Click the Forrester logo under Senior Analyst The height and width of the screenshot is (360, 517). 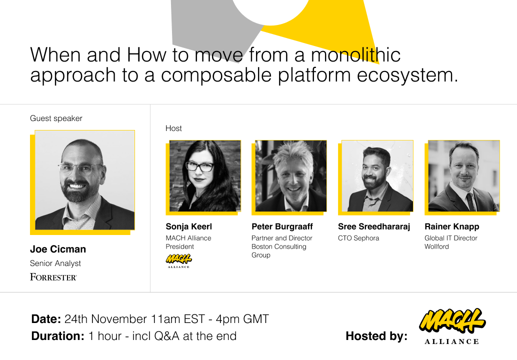(53, 277)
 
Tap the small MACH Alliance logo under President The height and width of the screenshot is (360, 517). (178, 261)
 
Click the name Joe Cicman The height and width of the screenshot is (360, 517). (58, 249)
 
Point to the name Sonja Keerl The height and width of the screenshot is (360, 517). (189, 227)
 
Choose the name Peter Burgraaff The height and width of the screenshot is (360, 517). (282, 227)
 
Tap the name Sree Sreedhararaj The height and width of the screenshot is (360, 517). (374, 227)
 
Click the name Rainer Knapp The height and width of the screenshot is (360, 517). (452, 227)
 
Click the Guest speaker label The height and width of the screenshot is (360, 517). (56, 118)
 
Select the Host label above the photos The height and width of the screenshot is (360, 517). (174, 128)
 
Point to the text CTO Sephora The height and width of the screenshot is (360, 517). (358, 238)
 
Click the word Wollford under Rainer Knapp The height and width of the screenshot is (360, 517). (436, 246)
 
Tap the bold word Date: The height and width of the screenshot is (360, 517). (46, 319)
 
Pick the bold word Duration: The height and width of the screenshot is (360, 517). (58, 336)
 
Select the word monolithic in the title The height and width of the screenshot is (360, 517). (356, 54)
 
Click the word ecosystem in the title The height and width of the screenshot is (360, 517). (405, 75)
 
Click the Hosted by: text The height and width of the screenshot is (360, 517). (376, 336)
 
